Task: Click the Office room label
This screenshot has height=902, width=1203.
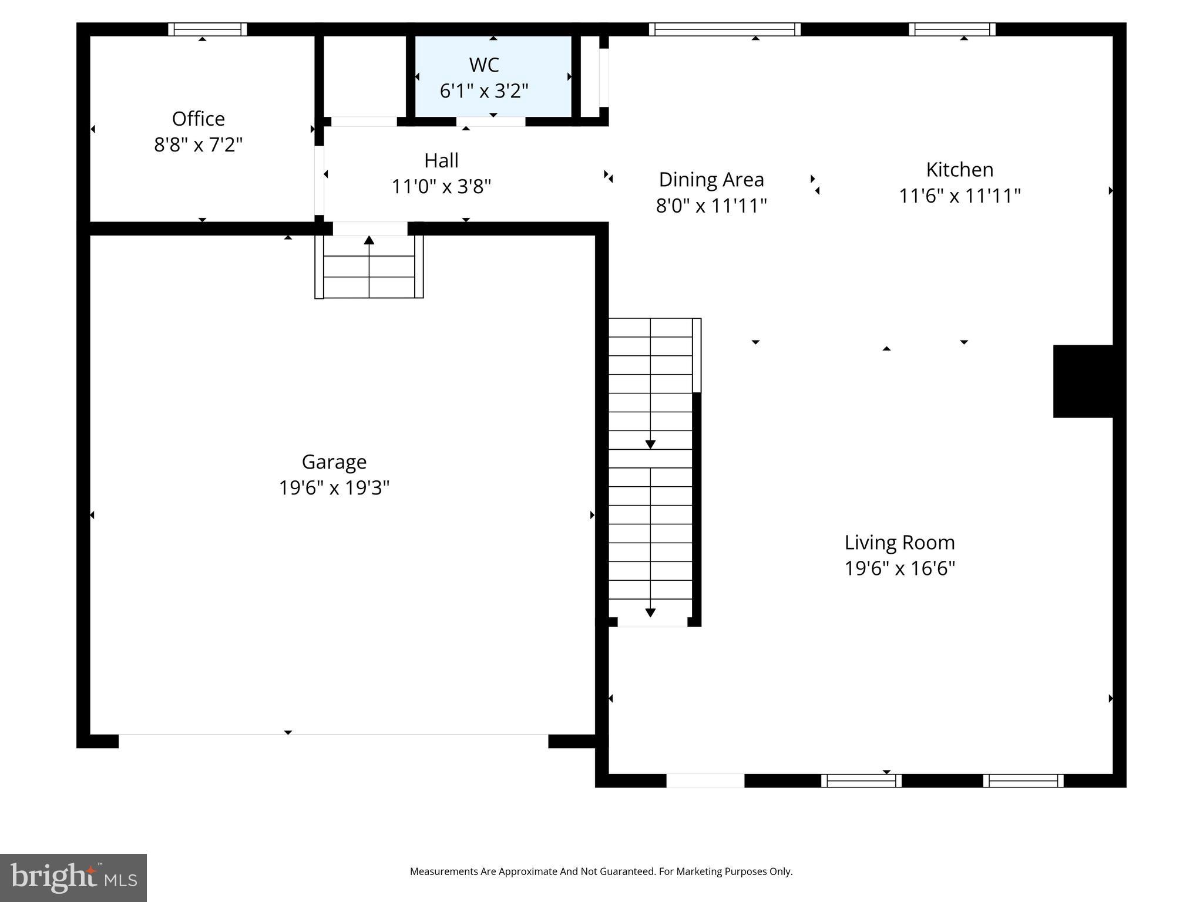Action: pyautogui.click(x=198, y=119)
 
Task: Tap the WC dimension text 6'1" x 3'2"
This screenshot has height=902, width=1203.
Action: pyautogui.click(x=484, y=91)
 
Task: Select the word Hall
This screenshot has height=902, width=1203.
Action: pyautogui.click(x=441, y=160)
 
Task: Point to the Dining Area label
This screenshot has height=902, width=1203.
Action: pyautogui.click(x=711, y=180)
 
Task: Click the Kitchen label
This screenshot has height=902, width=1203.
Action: pyautogui.click(x=959, y=170)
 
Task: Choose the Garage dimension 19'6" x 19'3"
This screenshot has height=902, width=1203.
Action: pyautogui.click(x=334, y=488)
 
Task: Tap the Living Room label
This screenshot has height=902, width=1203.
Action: pyautogui.click(x=899, y=543)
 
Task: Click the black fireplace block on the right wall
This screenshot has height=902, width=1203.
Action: pyautogui.click(x=1083, y=381)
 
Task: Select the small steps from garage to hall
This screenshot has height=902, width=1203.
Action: pyautogui.click(x=369, y=267)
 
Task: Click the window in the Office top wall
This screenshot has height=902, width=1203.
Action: pyautogui.click(x=207, y=29)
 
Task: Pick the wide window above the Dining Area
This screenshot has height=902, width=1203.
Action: pyautogui.click(x=724, y=29)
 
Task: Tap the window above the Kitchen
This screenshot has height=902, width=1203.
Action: pyautogui.click(x=952, y=29)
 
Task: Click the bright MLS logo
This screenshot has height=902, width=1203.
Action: pyautogui.click(x=73, y=877)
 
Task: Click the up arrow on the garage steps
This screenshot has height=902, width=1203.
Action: pyautogui.click(x=369, y=240)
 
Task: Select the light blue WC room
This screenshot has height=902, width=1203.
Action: pyautogui.click(x=493, y=76)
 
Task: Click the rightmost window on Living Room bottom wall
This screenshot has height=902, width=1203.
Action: pyautogui.click(x=1023, y=780)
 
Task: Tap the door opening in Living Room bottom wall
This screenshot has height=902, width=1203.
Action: pyautogui.click(x=705, y=780)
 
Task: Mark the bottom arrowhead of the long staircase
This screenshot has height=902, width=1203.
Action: pyautogui.click(x=650, y=612)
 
